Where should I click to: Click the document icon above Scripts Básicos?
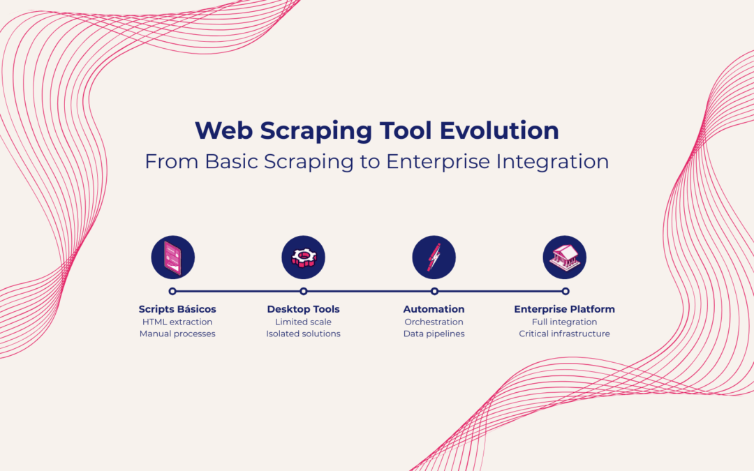tap(172, 257)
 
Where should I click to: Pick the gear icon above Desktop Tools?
tap(304, 257)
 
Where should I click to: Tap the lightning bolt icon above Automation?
tap(434, 257)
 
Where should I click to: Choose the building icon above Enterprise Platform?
tap(564, 257)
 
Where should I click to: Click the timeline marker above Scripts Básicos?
tap(172, 291)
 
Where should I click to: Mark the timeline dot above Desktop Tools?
tap(304, 291)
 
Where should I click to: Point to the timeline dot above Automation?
tap(434, 291)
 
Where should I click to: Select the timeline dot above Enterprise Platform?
tap(565, 291)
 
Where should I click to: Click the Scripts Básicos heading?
tap(177, 309)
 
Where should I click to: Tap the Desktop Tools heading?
tap(303, 309)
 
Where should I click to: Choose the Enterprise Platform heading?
tap(564, 309)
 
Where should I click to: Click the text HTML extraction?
tap(177, 322)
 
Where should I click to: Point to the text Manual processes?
tap(177, 334)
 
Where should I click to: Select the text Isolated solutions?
tap(303, 334)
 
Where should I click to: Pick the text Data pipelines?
tap(434, 334)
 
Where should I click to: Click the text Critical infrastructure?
tap(564, 334)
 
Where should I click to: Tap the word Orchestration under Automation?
tap(434, 322)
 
